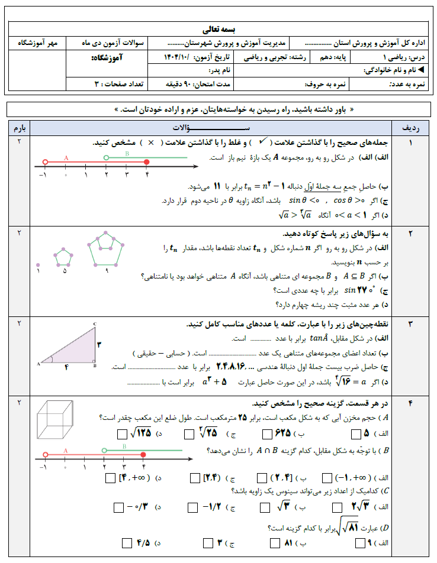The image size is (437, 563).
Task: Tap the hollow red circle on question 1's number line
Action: click(44, 161)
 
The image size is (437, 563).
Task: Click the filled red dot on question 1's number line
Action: click(146, 161)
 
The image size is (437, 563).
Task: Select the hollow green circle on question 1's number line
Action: click(106, 157)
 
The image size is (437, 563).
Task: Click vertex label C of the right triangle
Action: click(95, 324)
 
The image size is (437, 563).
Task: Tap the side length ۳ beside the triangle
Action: click(99, 344)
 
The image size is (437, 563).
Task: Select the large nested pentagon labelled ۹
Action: click(106, 248)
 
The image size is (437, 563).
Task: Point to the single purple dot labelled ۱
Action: click(38, 265)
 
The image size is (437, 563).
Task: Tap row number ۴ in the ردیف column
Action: click(410, 404)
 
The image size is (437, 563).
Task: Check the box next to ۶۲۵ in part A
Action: click(265, 433)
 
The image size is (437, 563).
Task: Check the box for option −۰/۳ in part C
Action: click(118, 507)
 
